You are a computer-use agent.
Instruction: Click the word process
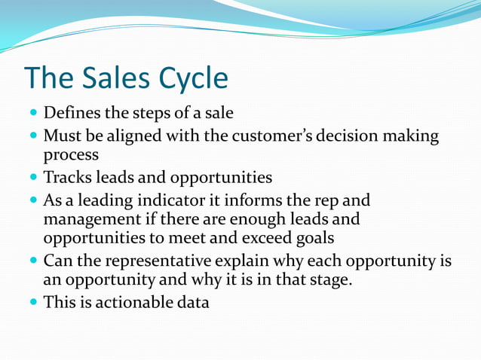71,157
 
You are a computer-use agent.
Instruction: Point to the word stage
329,279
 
